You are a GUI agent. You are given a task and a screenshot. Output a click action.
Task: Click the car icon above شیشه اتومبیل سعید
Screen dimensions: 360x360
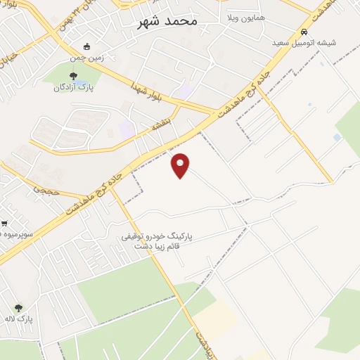tap(304, 32)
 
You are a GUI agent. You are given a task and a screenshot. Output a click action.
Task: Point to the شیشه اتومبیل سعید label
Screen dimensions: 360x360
tap(305, 43)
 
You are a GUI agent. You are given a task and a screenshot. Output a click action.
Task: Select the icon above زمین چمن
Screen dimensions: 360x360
tap(86, 46)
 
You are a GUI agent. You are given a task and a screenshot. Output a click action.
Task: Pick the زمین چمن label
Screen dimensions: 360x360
tap(88, 58)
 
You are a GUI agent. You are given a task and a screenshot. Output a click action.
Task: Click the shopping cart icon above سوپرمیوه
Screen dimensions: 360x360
tap(4, 224)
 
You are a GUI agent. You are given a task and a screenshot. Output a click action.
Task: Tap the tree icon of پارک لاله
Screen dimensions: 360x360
tap(18, 307)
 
